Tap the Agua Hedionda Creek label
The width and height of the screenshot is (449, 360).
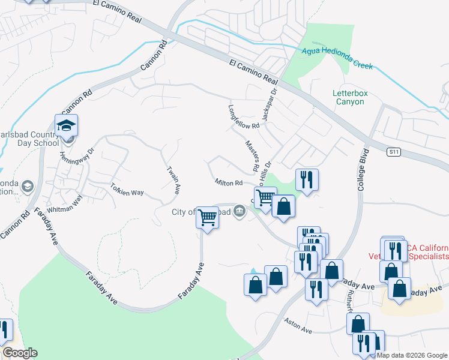coord(337,58)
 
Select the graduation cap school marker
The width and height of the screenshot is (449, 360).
coord(67,126)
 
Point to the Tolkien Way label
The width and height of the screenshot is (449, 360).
coord(127,193)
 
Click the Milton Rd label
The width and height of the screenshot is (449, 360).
coord(228,182)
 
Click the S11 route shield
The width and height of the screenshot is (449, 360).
coord(393,152)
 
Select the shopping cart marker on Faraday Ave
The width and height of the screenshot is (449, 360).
coord(207,217)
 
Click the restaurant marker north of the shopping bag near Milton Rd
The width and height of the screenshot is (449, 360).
coord(307,179)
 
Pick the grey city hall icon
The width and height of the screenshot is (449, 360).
coord(240,211)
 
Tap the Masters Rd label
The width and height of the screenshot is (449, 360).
coord(251,153)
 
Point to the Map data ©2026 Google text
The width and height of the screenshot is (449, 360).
coord(412,355)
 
